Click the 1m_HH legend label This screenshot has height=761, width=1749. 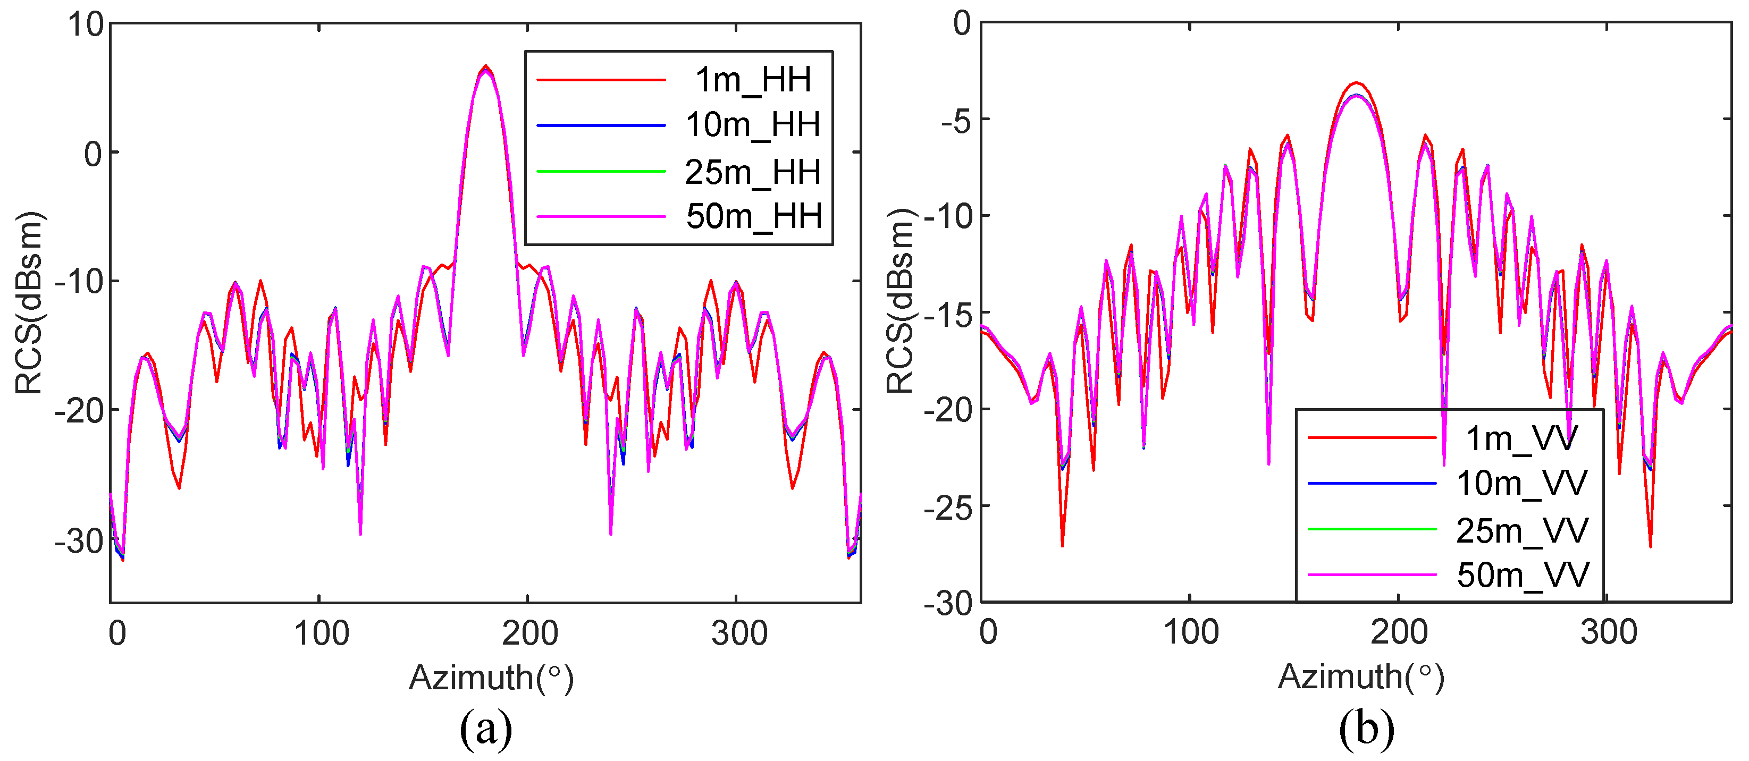click(752, 80)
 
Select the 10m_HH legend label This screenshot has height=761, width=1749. click(752, 125)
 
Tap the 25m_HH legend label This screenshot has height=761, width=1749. click(752, 172)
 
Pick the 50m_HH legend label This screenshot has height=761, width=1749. click(754, 217)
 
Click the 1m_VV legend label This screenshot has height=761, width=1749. click(1521, 438)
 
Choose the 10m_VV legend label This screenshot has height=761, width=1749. click(1521, 484)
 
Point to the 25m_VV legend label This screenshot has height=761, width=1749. click(1521, 530)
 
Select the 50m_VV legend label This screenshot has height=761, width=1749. click(1523, 575)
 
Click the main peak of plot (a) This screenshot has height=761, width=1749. click(485, 67)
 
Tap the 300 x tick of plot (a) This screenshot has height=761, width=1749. click(739, 633)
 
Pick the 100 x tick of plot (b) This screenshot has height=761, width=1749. click(1191, 632)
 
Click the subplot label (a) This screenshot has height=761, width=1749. click(485, 729)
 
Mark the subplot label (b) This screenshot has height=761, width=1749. click(1366, 729)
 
